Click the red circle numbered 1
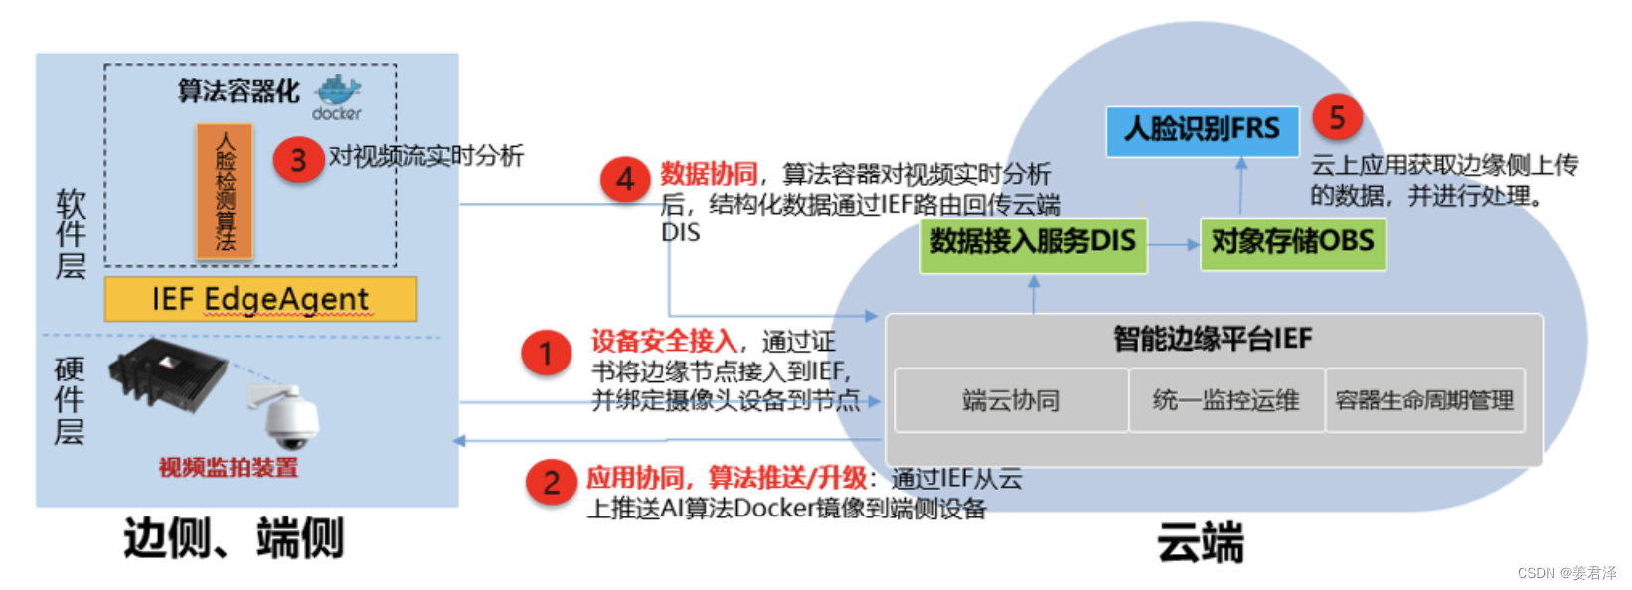coord(546,354)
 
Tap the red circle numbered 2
coord(551,483)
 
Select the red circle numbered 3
coord(297,160)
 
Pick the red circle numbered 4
coord(625,179)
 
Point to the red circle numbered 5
coord(1337,117)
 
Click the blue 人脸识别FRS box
coord(1202,130)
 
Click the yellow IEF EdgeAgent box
coord(260,299)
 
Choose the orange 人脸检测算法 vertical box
coord(225,191)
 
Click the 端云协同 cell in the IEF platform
coord(1011,400)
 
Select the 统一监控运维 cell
coord(1225,400)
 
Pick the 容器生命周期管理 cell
coord(1424,400)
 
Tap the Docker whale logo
coord(338,92)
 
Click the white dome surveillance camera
coord(290,417)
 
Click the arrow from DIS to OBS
coord(1174,244)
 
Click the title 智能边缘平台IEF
coord(1213,339)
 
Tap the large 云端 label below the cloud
coord(1200,543)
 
